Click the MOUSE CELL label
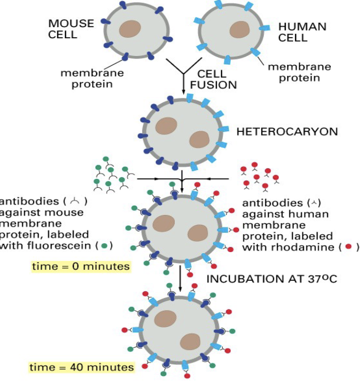71,29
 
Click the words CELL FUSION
213,80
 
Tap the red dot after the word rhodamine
348,246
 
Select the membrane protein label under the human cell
299,73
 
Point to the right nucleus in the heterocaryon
199,140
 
